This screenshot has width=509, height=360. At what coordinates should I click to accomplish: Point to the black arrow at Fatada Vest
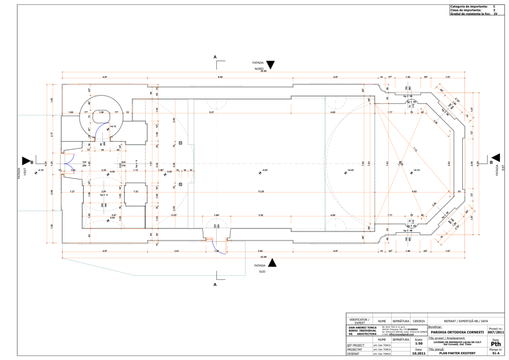(x=26, y=160)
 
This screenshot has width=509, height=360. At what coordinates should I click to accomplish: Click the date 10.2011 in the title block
(x=418, y=354)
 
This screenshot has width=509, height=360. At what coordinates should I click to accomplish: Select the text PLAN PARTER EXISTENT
(x=454, y=354)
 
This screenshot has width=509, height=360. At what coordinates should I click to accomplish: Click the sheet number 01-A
(x=496, y=354)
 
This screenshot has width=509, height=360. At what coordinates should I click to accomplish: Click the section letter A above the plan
(x=215, y=57)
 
